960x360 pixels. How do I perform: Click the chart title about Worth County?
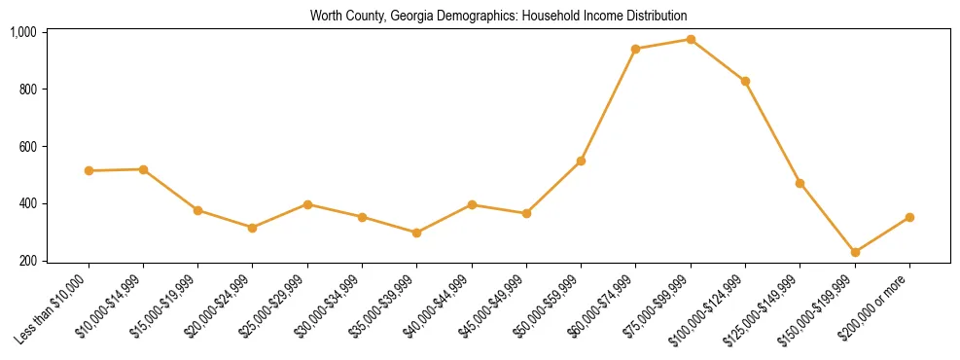499,16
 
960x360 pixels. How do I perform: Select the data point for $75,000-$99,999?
691,40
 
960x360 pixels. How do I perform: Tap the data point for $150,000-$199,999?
855,252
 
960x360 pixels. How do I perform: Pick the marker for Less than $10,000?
89,171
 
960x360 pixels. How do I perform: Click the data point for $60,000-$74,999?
636,49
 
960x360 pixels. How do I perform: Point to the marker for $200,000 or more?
909,217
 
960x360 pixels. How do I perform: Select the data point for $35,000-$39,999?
417,234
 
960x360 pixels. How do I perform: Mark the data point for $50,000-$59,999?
581,161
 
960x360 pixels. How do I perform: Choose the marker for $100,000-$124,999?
745,81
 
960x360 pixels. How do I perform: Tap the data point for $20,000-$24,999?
253,228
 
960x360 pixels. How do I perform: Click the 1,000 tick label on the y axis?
23,32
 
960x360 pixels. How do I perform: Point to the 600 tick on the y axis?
26,147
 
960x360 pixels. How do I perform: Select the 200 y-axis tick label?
26,261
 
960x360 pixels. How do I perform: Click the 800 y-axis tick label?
26,90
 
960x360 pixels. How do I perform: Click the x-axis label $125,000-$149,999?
766,308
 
